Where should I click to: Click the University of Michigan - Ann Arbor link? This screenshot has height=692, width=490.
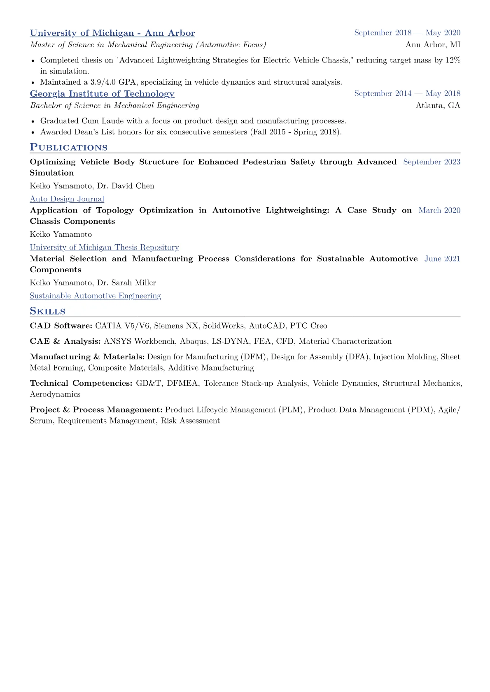coord(112,33)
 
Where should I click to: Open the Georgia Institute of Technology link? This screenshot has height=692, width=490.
coord(102,94)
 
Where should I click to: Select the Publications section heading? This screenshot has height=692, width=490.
coord(68,147)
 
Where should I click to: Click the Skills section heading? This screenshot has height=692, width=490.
coord(47,311)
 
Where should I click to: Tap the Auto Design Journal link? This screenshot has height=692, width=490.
coord(67,199)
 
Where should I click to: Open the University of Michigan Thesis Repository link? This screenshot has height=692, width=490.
coord(104,248)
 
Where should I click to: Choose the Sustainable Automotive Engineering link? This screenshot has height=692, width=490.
coord(95,296)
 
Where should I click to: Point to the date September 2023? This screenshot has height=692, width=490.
coord(432,162)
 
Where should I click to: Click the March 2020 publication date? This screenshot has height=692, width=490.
coord(439,211)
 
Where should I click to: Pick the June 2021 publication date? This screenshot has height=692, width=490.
coord(442,259)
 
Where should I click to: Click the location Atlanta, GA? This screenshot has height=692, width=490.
coord(438,106)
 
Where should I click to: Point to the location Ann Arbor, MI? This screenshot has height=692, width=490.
coord(433,45)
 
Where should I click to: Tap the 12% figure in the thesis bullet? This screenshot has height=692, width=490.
coord(453,60)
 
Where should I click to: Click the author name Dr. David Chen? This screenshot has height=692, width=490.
coord(126,186)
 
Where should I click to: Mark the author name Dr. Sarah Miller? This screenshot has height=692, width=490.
coord(126,283)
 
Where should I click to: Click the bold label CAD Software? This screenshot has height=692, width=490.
coord(61,326)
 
